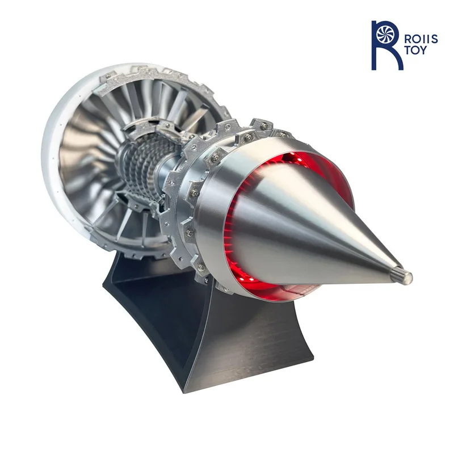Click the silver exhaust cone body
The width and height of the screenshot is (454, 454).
pos(318,227)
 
